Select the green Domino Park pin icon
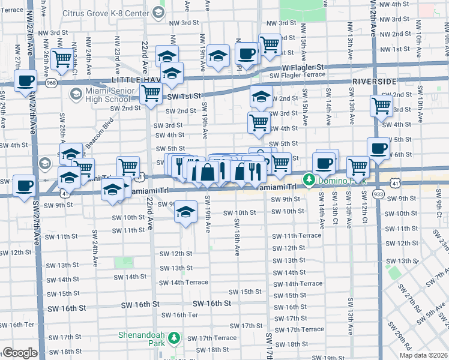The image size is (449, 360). pyautogui.click(x=309, y=179)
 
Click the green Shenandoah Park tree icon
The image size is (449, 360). pyautogui.click(x=174, y=338)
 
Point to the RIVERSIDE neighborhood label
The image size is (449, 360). pyautogui.click(x=374, y=81)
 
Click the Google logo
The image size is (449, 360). pyautogui.click(x=20, y=353)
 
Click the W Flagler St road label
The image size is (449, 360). pyautogui.click(x=303, y=67)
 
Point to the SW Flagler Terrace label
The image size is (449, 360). pyautogui.click(x=297, y=75)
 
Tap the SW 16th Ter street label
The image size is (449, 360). pyautogui.click(x=177, y=315)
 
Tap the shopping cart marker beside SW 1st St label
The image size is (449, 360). pyautogui.click(x=150, y=92)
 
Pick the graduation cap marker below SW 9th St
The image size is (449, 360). pyautogui.click(x=186, y=212)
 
